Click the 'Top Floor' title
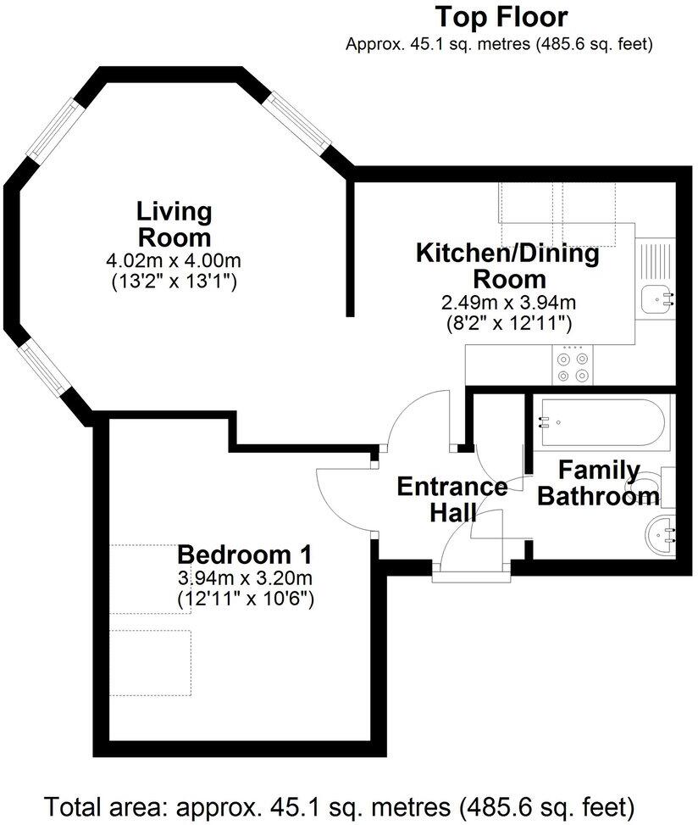click(x=501, y=17)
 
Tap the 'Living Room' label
click(x=174, y=223)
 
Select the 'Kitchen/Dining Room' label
click(x=507, y=265)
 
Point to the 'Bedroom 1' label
click(x=245, y=555)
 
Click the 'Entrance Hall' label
click(x=452, y=499)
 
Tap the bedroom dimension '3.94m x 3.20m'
click(x=245, y=579)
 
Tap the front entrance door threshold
click(x=472, y=577)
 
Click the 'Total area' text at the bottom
click(x=339, y=804)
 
